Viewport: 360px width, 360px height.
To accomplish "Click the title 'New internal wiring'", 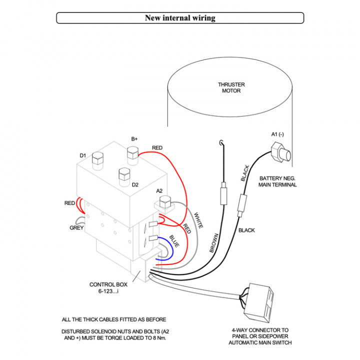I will (x=180, y=18).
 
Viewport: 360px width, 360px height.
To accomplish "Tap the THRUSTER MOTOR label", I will (x=229, y=87).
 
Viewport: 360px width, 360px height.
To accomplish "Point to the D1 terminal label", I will (x=83, y=155).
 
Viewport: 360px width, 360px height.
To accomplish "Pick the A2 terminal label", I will (x=159, y=191).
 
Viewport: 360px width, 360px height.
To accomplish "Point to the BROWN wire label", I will (x=213, y=242).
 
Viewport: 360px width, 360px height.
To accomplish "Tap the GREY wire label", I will (x=76, y=228).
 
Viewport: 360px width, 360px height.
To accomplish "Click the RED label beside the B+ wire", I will (x=157, y=148).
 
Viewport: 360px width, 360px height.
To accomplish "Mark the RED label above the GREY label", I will (x=69, y=203).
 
